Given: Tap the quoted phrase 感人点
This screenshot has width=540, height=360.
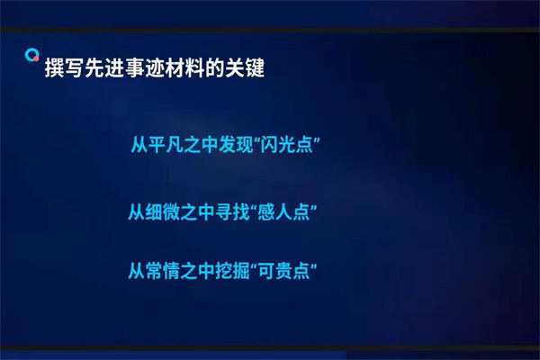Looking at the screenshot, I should pos(290,212).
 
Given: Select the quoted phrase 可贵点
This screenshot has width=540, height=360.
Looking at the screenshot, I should pos(290,270).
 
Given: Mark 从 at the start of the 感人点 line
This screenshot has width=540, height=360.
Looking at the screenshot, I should pos(136,212).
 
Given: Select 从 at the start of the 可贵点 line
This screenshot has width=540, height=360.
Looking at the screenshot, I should pos(136,270).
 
